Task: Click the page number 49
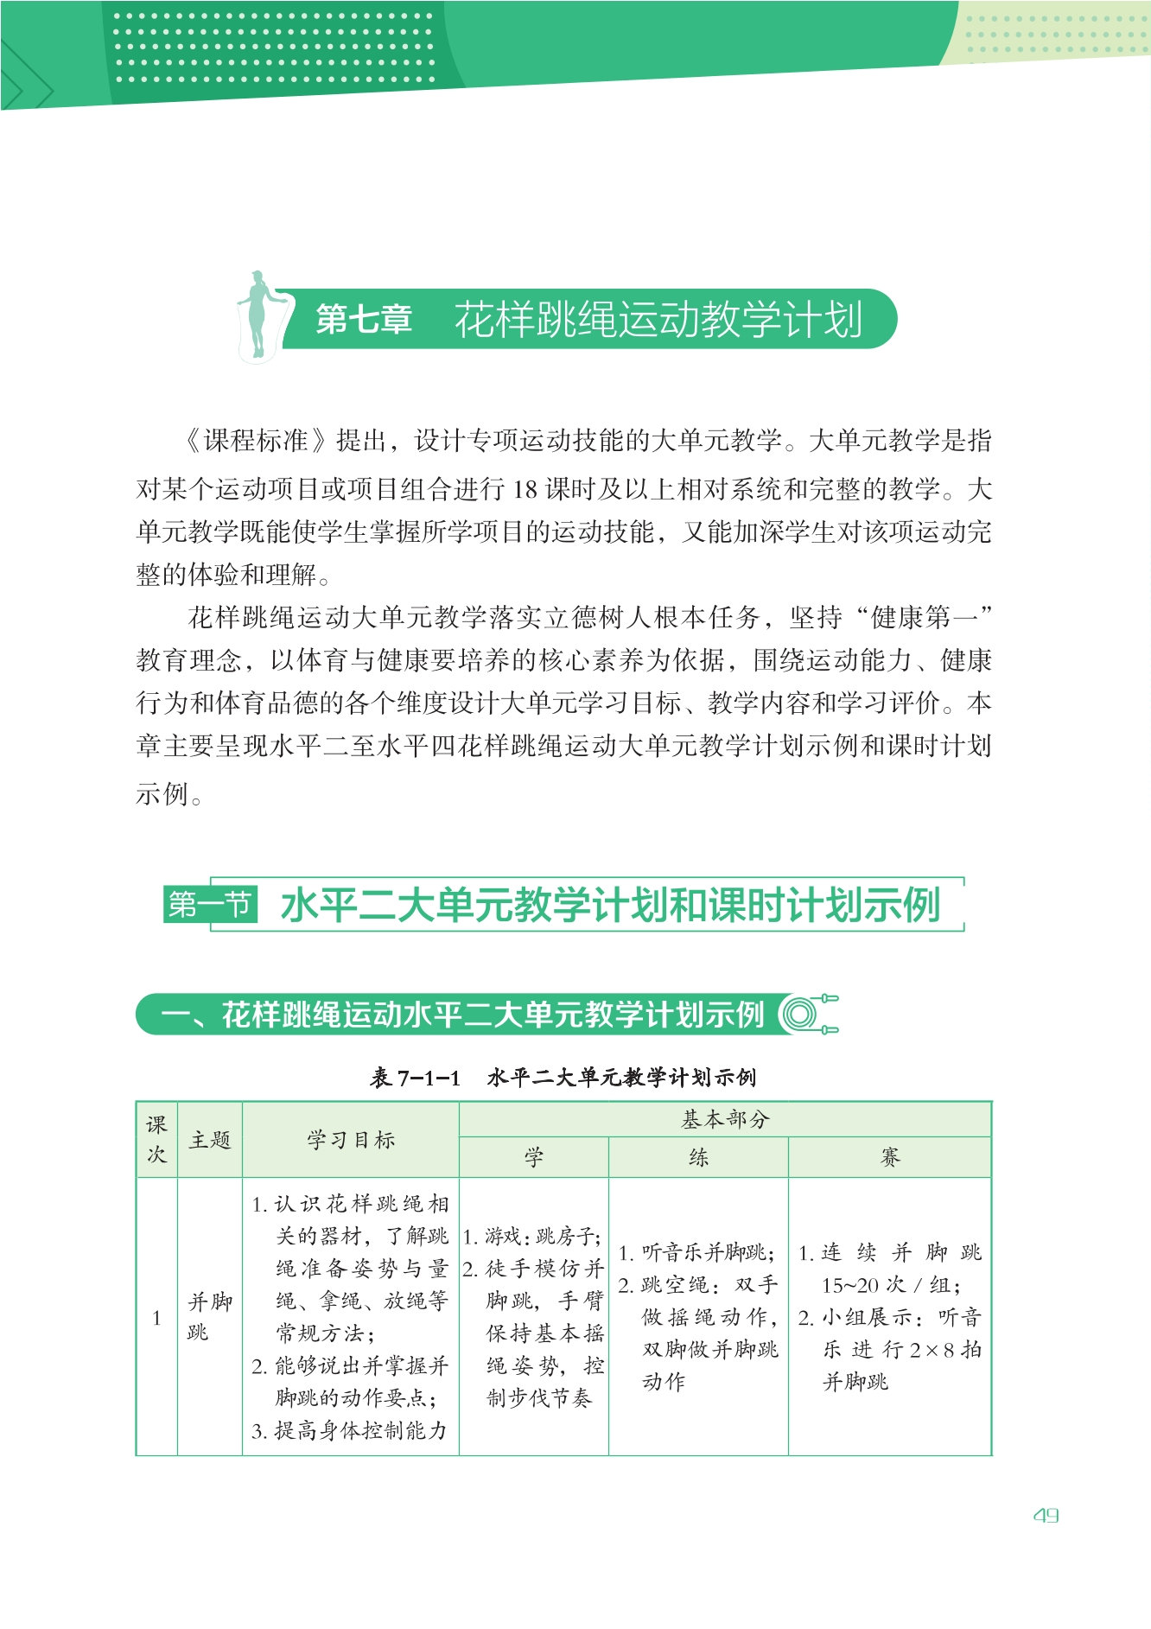(1046, 1515)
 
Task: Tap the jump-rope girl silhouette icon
(258, 315)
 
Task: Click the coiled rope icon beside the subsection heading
(807, 1014)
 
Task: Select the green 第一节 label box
(210, 905)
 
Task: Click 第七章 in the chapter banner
(364, 319)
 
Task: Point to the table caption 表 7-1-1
(415, 1077)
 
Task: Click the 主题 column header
(210, 1140)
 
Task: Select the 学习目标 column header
(351, 1140)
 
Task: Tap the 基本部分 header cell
(725, 1120)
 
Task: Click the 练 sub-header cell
(698, 1157)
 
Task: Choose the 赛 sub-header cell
(889, 1157)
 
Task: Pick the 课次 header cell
(156, 1139)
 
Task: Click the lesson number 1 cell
(156, 1318)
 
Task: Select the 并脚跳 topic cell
(209, 1316)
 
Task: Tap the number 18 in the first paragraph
(525, 489)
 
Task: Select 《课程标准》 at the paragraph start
(257, 441)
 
